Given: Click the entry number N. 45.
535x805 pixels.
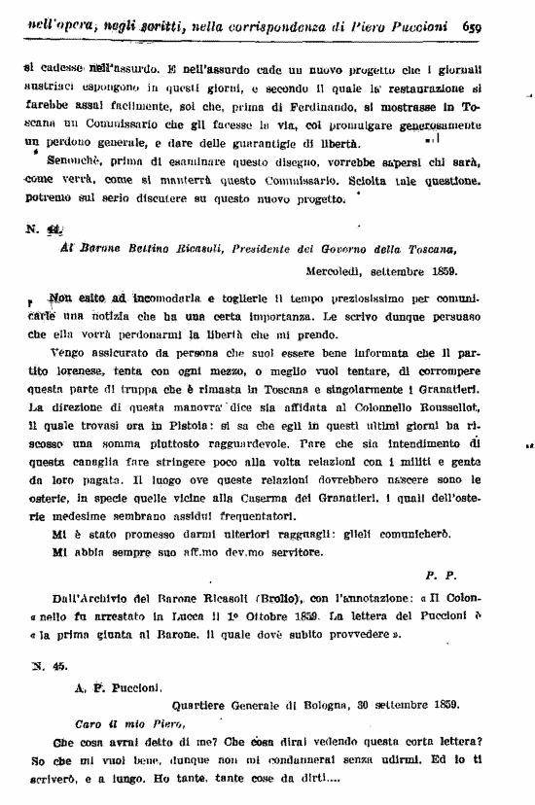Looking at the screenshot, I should click(39, 667).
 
